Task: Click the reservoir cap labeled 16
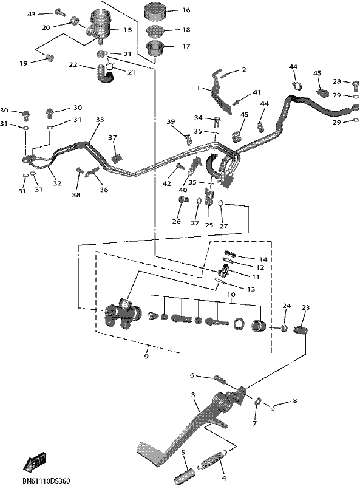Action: tap(155, 11)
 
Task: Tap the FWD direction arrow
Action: tap(35, 460)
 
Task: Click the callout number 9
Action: tap(146, 357)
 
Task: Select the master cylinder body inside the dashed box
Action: tap(121, 314)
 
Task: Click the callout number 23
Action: tap(305, 307)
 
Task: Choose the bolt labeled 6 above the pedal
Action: tap(220, 378)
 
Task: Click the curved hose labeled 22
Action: tap(104, 74)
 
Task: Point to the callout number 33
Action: tap(100, 120)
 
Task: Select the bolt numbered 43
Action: tap(59, 12)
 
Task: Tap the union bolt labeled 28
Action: tap(356, 84)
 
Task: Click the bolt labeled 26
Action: tap(183, 199)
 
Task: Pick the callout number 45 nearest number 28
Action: tap(317, 74)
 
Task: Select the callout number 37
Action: tap(112, 137)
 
